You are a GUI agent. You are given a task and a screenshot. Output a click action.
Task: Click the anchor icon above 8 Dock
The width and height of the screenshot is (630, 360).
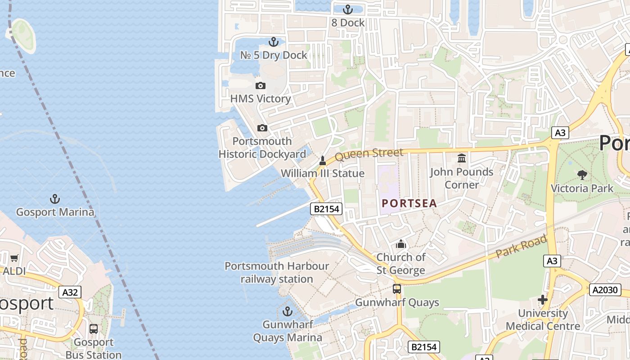coord(347,9)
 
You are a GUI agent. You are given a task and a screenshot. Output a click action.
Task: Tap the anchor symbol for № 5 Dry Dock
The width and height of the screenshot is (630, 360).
coord(273,42)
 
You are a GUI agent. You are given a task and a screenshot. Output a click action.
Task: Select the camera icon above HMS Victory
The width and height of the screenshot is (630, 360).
coord(261,85)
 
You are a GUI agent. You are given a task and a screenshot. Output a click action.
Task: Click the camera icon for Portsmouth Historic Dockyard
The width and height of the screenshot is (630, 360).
coord(262,128)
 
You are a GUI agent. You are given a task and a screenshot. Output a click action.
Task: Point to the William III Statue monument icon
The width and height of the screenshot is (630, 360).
coord(322,160)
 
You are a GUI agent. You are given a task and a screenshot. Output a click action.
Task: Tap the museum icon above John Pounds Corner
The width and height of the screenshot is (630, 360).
coord(462,158)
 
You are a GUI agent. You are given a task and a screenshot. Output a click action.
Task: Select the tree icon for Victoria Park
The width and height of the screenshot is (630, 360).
coord(582,175)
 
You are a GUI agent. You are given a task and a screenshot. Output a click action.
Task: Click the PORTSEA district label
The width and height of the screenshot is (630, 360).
coord(409,203)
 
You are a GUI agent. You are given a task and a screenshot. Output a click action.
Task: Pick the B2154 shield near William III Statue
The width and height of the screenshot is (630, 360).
coord(326,209)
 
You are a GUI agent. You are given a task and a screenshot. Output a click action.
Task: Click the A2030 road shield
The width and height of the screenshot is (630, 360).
coord(605,290)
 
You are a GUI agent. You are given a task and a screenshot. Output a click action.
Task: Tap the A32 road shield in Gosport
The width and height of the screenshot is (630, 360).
coord(70,292)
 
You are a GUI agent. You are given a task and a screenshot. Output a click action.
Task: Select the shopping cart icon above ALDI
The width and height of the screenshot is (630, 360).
coord(14,258)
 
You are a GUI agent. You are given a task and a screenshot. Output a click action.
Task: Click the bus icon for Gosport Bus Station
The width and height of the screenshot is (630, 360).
coord(94,329)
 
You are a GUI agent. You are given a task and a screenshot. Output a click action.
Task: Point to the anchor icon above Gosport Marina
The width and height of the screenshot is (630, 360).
coord(55,198)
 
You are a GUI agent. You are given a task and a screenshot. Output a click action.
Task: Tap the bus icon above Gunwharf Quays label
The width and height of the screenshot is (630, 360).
coord(396,289)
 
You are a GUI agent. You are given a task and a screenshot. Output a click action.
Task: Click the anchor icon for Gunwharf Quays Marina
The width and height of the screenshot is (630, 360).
coord(287,311)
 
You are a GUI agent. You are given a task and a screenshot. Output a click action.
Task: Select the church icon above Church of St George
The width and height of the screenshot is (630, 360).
coord(400,244)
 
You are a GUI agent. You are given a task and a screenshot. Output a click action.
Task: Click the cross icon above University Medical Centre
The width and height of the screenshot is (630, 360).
coord(543,300)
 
